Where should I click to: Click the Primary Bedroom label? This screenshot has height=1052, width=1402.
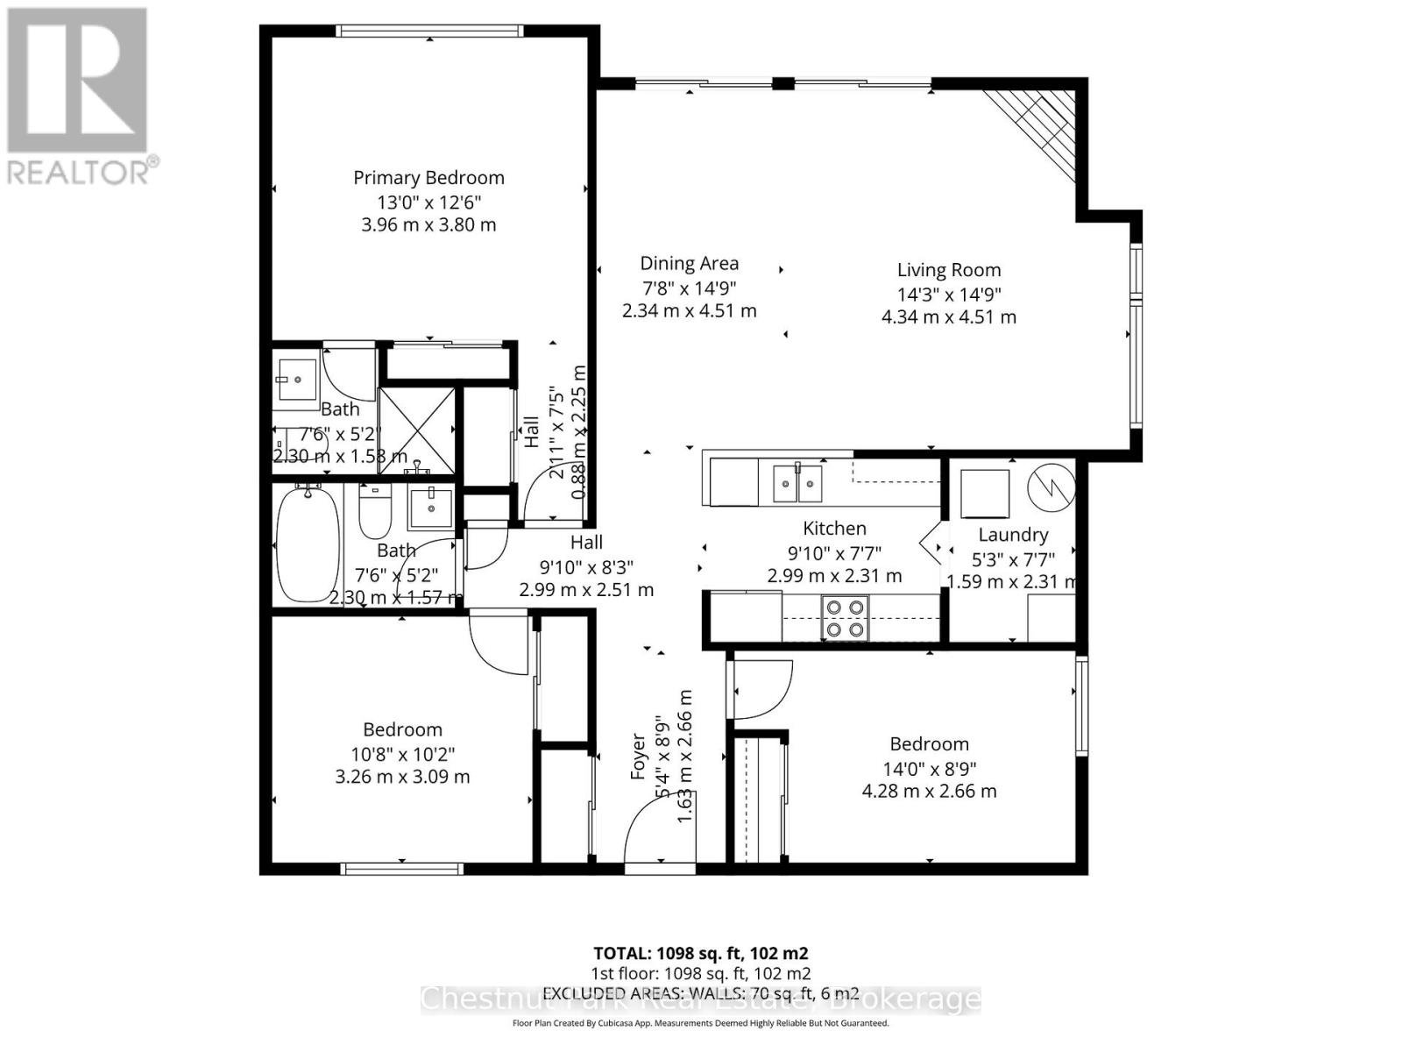tap(428, 178)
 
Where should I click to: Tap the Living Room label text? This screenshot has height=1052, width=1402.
tap(948, 270)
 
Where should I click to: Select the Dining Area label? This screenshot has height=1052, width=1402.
tap(689, 263)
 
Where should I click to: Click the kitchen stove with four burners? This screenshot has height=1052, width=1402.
tap(845, 617)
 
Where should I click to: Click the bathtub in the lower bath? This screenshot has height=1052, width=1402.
tap(308, 544)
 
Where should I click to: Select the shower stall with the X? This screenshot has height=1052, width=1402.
tap(417, 430)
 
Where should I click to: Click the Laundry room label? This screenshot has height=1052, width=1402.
tap(1013, 535)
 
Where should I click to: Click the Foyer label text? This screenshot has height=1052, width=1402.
tap(638, 756)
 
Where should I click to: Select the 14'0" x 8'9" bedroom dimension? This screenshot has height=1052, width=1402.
tap(929, 768)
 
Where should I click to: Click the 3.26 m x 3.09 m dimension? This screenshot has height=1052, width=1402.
tap(402, 777)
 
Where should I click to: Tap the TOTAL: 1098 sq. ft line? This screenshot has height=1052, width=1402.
tap(700, 953)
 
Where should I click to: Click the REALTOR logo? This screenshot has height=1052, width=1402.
tap(79, 96)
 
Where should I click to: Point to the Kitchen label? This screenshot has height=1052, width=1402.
tap(834, 528)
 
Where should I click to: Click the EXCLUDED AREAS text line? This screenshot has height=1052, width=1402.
tap(700, 993)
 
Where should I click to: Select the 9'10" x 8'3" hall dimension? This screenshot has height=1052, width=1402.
tap(586, 566)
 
